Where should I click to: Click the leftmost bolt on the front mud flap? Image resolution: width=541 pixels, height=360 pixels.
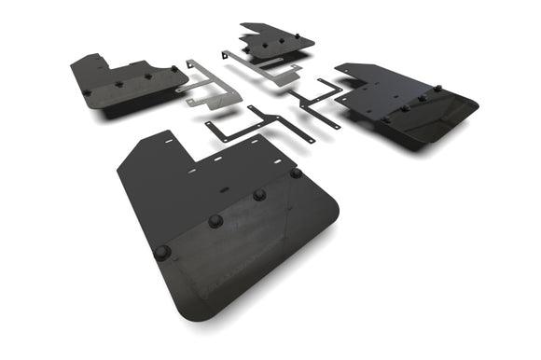coord(162,252)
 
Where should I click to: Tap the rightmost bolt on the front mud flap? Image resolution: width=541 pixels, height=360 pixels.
coord(296,173)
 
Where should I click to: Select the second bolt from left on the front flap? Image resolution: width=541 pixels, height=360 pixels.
coord(215,221)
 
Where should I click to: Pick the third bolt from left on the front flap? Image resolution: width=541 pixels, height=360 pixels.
coord(259,195)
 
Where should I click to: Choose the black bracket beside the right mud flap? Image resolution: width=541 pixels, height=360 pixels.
coord(317,101)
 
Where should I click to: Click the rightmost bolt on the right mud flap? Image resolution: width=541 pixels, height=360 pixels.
coord(437,89)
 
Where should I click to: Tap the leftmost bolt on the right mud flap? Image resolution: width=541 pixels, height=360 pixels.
coord(384,118)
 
